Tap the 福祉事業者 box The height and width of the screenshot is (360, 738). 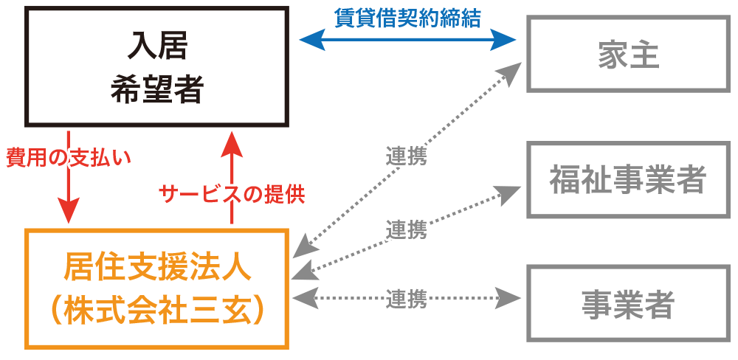(x=629, y=180)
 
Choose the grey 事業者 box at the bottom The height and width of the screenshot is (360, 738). (x=629, y=302)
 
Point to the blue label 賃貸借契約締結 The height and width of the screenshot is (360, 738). (x=407, y=18)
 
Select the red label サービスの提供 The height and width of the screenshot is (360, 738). (x=232, y=195)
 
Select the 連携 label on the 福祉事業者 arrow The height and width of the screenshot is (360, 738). (x=407, y=229)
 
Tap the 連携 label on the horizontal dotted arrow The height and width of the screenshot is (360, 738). (x=407, y=300)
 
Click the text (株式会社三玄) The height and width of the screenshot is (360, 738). (x=156, y=310)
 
